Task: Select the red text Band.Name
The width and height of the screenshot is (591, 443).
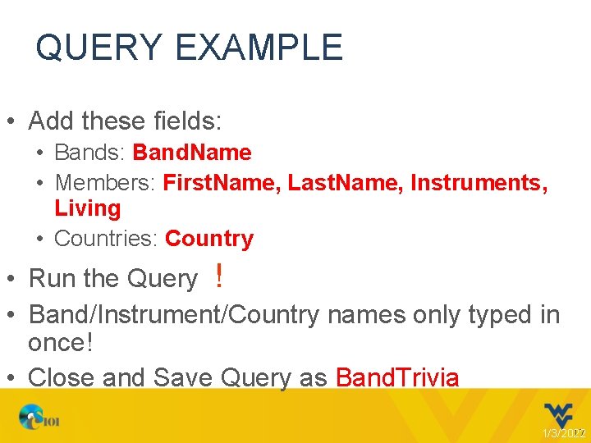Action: [192, 153]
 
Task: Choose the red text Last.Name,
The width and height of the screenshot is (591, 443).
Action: [346, 182]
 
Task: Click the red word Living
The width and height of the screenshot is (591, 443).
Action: [87, 208]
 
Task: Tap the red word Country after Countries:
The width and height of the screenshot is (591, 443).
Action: [209, 239]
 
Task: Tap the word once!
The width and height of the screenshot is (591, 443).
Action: [61, 343]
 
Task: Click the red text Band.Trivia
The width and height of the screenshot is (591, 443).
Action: [397, 377]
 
